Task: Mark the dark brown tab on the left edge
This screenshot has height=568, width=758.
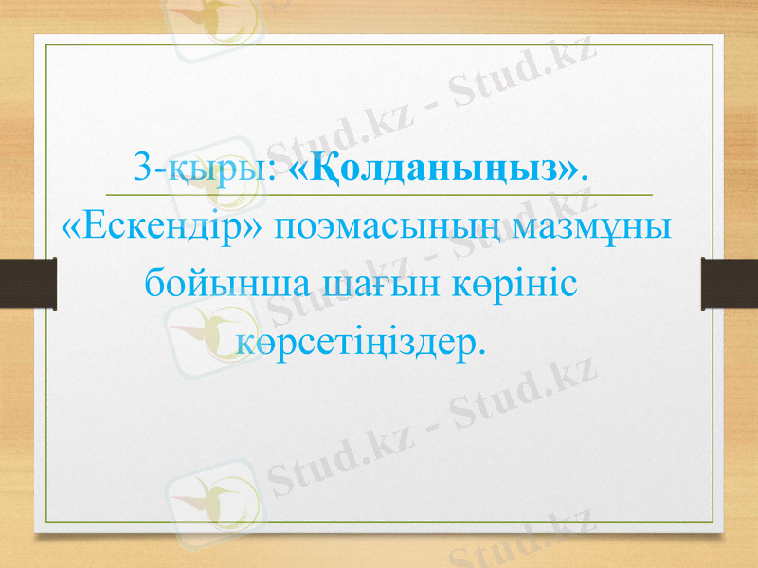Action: coord(27,284)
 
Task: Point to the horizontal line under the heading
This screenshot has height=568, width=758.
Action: coord(379,194)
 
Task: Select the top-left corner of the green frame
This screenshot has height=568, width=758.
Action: coord(47,44)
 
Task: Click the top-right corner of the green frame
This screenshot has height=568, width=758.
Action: coord(711,44)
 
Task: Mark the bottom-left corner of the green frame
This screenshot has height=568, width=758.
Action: coord(47,522)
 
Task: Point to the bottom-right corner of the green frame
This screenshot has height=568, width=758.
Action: coord(711,522)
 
